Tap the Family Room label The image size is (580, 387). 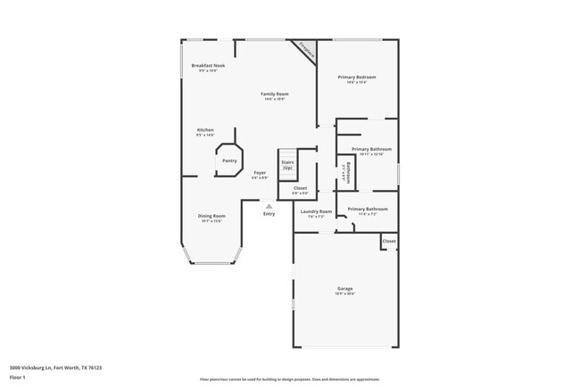click(x=274, y=94)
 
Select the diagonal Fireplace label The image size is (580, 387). click(x=307, y=50)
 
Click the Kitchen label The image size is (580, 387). click(x=205, y=130)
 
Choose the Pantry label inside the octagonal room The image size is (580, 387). click(x=229, y=161)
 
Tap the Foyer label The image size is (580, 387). click(x=260, y=172)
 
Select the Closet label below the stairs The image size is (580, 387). click(x=300, y=188)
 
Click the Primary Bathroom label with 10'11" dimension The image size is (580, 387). click(x=371, y=149)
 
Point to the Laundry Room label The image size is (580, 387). click(x=316, y=211)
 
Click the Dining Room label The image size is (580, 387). click(x=211, y=216)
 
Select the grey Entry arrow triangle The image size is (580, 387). click(x=269, y=205)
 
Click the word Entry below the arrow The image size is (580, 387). click(x=269, y=214)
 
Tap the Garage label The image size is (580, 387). click(x=345, y=289)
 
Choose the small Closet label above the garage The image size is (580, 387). click(x=389, y=241)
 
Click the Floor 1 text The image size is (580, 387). click(x=18, y=377)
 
